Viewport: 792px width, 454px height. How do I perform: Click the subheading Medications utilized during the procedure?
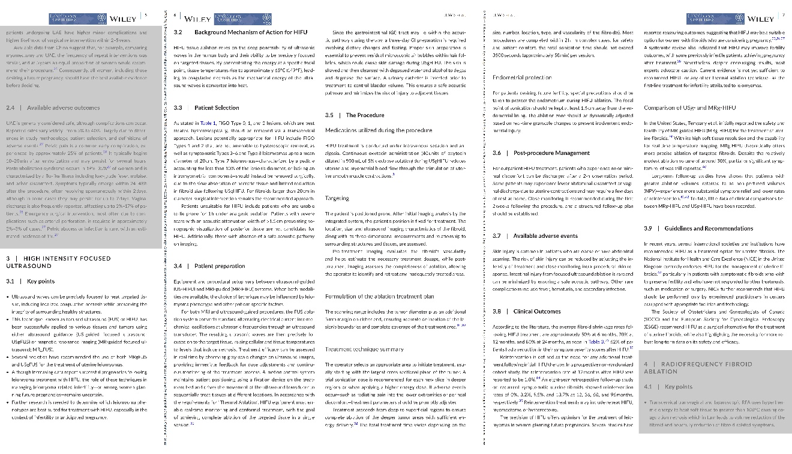370,130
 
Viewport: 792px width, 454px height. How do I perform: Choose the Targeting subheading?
337,198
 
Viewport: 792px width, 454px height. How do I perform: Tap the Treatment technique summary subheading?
364,349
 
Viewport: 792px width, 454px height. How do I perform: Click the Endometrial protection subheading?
521,77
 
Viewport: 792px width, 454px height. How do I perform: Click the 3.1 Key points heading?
31,281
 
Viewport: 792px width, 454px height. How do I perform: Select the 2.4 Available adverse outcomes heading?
53,107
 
